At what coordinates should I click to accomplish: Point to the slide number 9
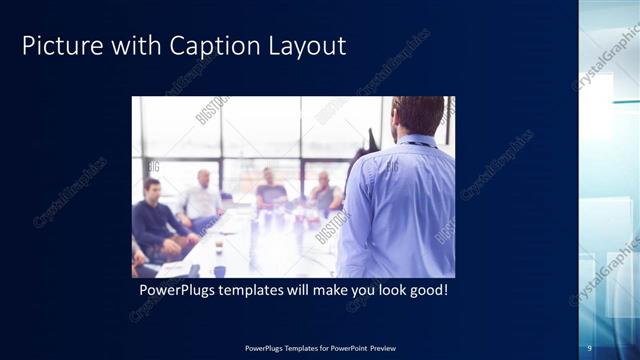pos(590,347)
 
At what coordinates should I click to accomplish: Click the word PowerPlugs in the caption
pos(175,290)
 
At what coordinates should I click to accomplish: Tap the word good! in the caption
pos(428,290)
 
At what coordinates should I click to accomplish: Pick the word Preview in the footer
pos(385,348)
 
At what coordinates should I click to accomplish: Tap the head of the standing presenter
pos(418,115)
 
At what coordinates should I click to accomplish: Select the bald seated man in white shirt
pos(203,198)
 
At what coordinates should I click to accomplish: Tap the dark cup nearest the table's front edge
pos(219,270)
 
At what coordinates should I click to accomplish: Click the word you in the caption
pos(362,290)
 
